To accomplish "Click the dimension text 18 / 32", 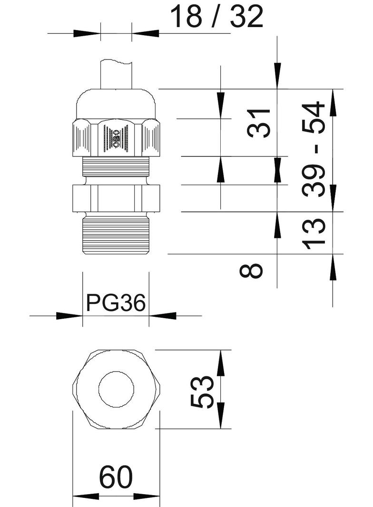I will (216, 17).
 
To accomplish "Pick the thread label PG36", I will (116, 302).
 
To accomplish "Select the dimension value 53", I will (202, 391).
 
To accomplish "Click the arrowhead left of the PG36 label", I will (69, 315).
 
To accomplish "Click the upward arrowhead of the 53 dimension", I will (221, 364).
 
